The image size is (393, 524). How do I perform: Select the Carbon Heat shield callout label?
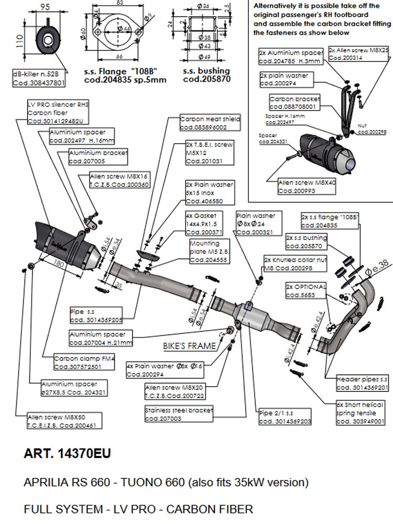(210, 123)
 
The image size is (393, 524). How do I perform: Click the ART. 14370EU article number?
(67, 453)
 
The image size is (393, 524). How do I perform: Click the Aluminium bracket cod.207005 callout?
(98, 156)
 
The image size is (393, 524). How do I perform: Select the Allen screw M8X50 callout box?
(64, 421)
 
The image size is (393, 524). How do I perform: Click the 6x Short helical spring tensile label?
(360, 412)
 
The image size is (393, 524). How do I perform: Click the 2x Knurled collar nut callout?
(295, 264)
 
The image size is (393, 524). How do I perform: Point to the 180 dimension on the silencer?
(57, 262)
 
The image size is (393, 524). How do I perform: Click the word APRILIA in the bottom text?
(47, 482)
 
